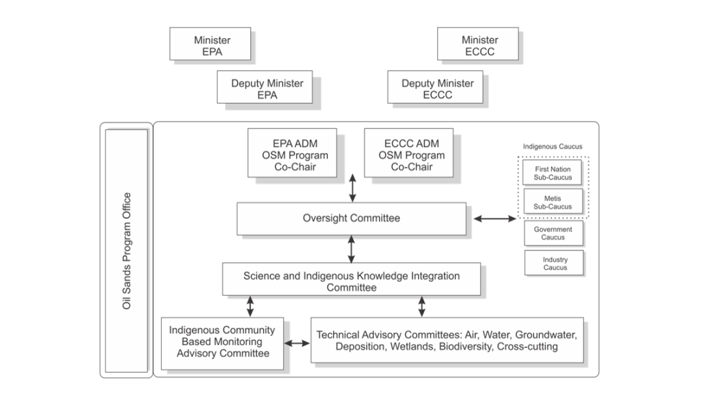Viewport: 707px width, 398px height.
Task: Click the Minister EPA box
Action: tap(211, 46)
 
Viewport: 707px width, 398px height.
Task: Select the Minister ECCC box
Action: tap(477, 46)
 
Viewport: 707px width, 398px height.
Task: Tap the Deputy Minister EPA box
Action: tap(267, 89)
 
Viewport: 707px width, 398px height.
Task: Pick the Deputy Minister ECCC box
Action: tap(437, 89)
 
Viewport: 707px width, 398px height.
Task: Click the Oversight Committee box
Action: tap(351, 218)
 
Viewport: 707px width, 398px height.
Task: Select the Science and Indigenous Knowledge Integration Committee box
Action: tap(351, 282)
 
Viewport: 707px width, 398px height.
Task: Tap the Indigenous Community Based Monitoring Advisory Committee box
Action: tap(222, 342)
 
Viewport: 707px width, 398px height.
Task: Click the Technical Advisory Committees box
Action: tap(447, 341)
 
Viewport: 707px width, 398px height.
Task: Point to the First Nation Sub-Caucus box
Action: tap(553, 173)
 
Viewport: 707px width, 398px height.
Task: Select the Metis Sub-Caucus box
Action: tap(553, 203)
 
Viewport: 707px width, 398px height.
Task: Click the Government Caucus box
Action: tap(553, 233)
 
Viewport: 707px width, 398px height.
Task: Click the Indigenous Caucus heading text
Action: tap(552, 146)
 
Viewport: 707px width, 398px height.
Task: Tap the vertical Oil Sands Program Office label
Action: tap(126, 250)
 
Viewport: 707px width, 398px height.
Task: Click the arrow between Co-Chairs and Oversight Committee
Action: tap(351, 188)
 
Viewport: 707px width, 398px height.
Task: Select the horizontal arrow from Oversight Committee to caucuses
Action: tap(494, 218)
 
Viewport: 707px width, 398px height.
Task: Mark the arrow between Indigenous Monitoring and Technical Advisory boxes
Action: tap(296, 343)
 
